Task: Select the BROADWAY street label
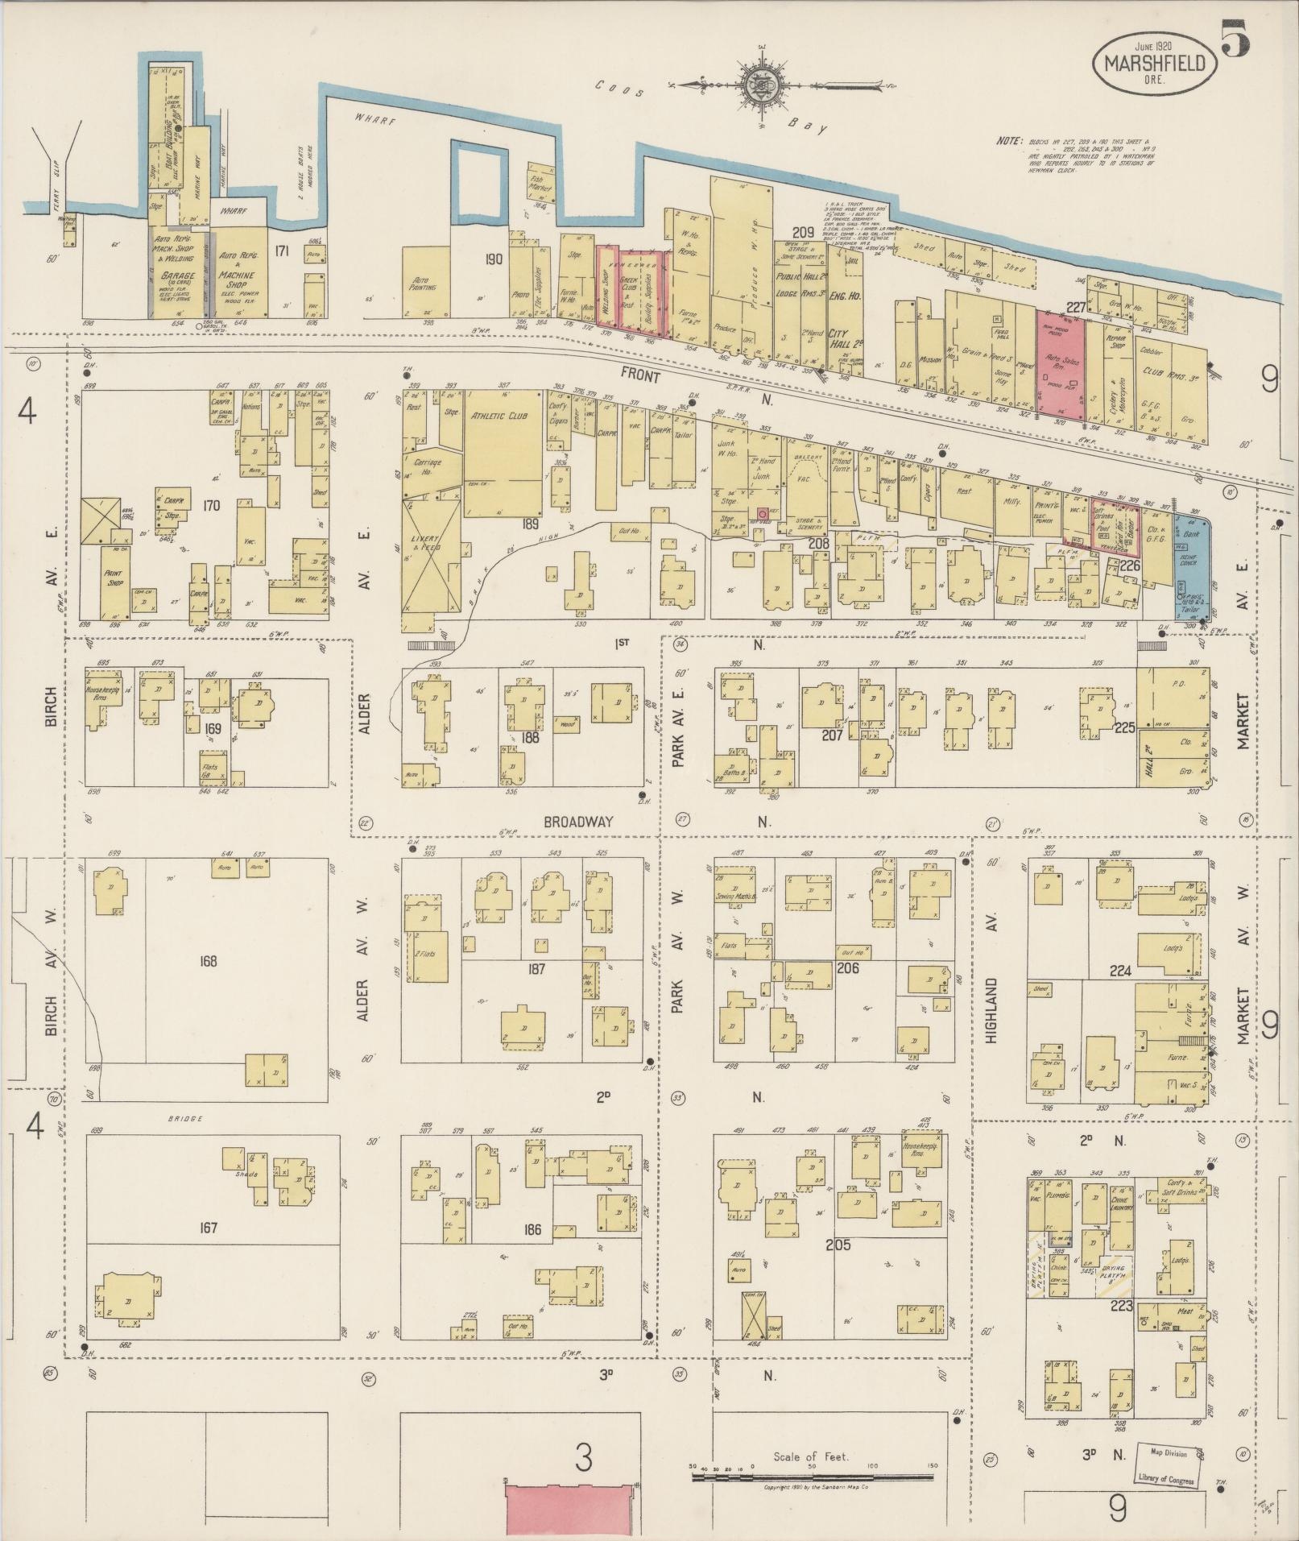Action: click(x=577, y=822)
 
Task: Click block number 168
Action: click(x=209, y=961)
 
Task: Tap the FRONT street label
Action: click(x=641, y=376)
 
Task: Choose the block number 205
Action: click(x=838, y=1245)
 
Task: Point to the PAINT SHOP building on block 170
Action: click(x=115, y=578)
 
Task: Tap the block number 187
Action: click(x=536, y=969)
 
